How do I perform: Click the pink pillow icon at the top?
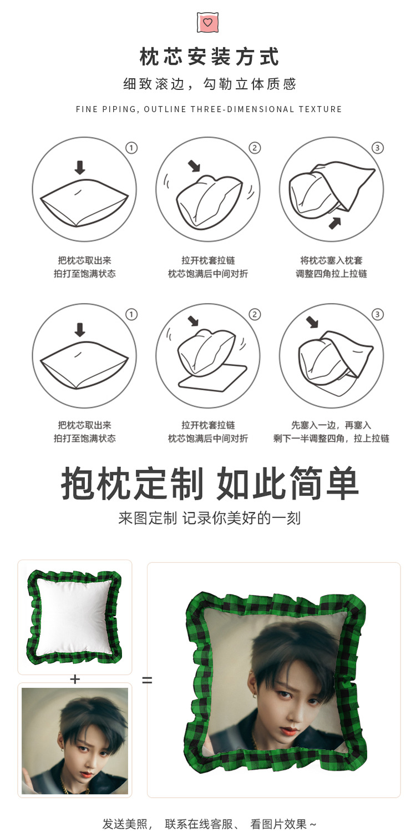click(208, 22)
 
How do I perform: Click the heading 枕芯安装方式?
click(209, 57)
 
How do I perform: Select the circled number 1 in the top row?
click(131, 148)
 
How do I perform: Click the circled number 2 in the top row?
click(255, 148)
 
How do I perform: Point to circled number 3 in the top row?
click(378, 148)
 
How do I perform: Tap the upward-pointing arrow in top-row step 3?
click(334, 223)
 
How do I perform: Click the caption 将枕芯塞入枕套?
click(331, 260)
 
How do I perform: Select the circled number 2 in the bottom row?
click(255, 315)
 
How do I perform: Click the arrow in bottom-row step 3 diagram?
click(312, 321)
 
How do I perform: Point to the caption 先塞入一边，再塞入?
click(331, 425)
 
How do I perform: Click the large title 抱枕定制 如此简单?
click(209, 484)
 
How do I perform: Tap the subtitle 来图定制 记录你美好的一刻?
click(209, 518)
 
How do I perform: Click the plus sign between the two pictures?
click(75, 679)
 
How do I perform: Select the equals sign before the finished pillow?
click(147, 679)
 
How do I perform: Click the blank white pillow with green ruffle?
click(74, 616)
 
